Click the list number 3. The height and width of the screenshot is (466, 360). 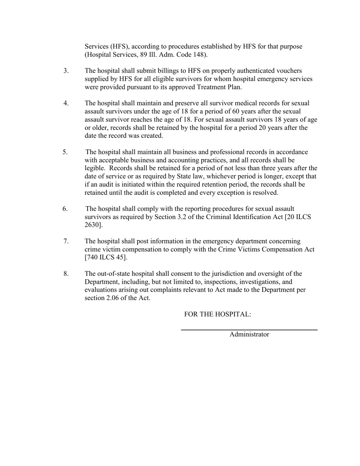[66, 71]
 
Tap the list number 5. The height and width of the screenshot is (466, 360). [65, 152]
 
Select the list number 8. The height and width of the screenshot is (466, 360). [66, 274]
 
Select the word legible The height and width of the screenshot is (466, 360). [95, 168]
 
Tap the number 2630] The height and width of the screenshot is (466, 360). [94, 225]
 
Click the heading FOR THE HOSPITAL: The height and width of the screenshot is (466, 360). [218, 314]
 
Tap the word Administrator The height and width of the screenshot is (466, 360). [249, 335]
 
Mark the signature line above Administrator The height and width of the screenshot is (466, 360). [249, 330]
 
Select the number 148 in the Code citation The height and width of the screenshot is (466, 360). [199, 55]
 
